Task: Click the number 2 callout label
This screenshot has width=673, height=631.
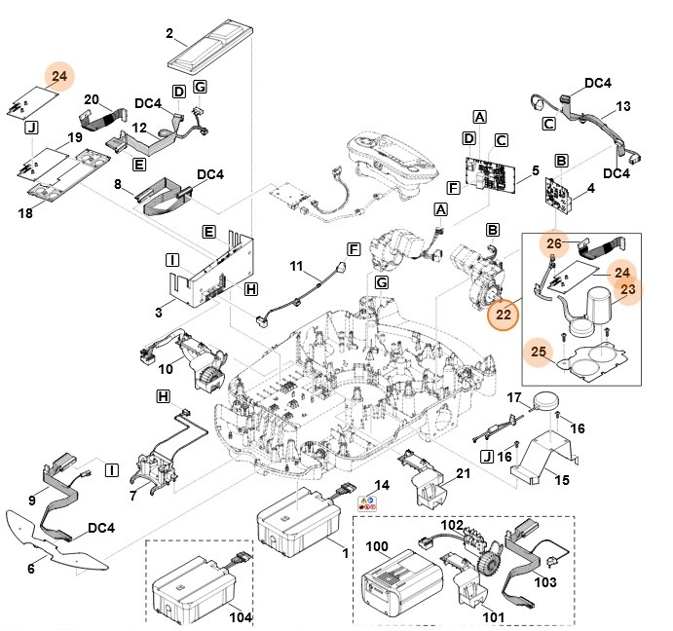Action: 169,34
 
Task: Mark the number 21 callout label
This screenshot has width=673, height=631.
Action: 464,473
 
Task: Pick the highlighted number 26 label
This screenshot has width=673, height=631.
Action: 553,243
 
